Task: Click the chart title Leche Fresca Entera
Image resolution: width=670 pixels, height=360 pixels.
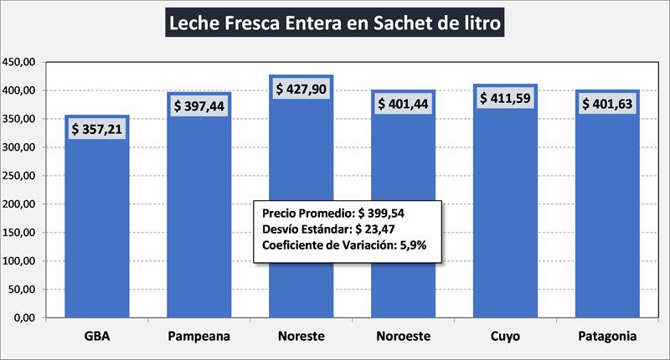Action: coord(335,23)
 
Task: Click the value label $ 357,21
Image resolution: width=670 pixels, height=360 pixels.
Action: coord(97,130)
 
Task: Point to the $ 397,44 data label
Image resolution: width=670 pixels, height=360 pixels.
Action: coord(199,106)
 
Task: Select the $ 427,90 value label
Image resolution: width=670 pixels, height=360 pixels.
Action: coord(301,88)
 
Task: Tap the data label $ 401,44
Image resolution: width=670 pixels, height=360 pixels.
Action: coord(404,104)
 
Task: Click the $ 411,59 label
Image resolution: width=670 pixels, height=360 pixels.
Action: coord(505,98)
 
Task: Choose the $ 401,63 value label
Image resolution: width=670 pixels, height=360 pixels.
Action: coord(607,104)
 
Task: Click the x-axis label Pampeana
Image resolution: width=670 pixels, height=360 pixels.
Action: coord(199,337)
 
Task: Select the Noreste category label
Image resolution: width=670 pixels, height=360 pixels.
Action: coord(301,337)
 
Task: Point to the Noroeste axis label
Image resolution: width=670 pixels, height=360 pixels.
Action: coord(404,337)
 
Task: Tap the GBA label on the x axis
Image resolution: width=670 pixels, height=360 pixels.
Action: coord(97,337)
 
